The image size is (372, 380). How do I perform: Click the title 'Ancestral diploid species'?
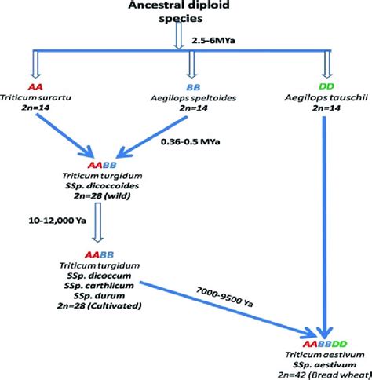(189, 12)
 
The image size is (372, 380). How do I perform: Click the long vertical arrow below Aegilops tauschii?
(323, 220)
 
